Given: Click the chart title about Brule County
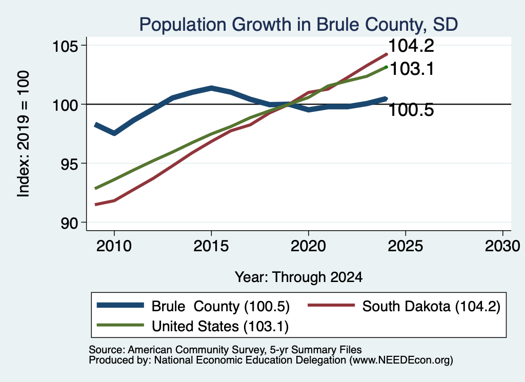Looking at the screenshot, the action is [x=298, y=25].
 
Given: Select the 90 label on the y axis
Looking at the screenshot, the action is [x=70, y=224].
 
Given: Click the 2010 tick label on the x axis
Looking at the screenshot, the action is [x=114, y=247].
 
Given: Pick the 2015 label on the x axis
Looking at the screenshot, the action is [x=211, y=247].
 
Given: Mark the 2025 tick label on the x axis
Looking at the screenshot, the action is [x=405, y=247].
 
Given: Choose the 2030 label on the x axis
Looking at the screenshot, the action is [x=502, y=247].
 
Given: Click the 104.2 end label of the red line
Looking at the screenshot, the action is [x=411, y=46].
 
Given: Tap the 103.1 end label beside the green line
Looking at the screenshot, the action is [x=412, y=69].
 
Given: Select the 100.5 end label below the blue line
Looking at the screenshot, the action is [x=411, y=110].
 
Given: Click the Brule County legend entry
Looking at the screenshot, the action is [x=193, y=306].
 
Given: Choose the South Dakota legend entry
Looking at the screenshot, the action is [x=404, y=306].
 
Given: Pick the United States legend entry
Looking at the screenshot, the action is [x=193, y=326].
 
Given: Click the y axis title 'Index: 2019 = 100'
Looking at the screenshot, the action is [x=24, y=134].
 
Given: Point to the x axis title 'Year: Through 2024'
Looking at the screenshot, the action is [x=299, y=277].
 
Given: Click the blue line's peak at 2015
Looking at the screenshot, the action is [x=211, y=88].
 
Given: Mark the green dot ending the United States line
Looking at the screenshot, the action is [x=386, y=67].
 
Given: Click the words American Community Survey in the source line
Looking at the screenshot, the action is [x=196, y=350].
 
